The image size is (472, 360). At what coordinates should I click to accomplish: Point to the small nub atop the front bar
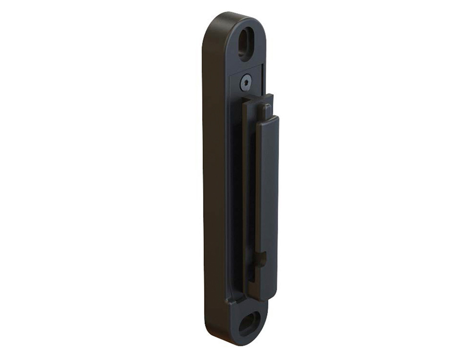click(x=267, y=110)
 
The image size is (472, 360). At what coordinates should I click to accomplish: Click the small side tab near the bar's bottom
click(x=263, y=258)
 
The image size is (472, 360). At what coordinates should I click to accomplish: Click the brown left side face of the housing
click(x=215, y=189)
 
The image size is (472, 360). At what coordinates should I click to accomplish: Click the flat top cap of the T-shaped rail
click(x=257, y=98)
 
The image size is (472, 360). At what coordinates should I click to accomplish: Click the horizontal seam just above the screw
click(x=245, y=69)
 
